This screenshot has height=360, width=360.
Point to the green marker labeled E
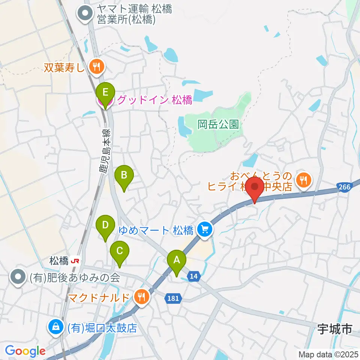(x=105, y=92)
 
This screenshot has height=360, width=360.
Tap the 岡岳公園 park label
(x=218, y=124)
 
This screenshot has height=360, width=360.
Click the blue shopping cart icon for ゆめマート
(x=205, y=229)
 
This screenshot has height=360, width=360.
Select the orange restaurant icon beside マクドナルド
(x=141, y=297)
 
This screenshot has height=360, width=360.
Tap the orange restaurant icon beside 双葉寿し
(x=97, y=67)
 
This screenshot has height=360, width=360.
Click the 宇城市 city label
(x=334, y=329)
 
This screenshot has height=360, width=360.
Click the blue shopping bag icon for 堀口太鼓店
(x=55, y=327)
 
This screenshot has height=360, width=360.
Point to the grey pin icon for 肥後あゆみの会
(x=18, y=277)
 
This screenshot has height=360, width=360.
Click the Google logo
(x=25, y=351)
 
